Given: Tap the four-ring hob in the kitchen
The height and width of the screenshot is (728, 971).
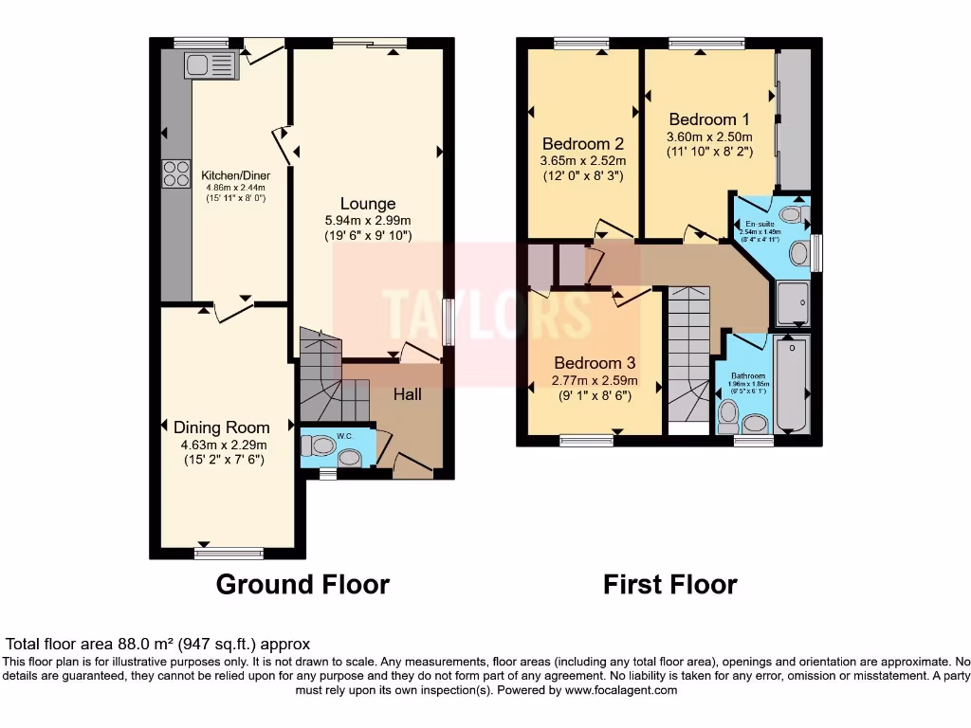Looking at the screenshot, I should pyautogui.click(x=175, y=173).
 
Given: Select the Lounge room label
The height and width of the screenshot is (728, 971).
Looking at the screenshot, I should pyautogui.click(x=369, y=204).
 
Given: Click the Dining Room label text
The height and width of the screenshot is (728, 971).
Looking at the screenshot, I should pyautogui.click(x=221, y=428).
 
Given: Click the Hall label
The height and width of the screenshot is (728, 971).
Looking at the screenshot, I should pyautogui.click(x=408, y=393).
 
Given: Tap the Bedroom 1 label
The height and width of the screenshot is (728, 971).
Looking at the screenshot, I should pyautogui.click(x=709, y=119).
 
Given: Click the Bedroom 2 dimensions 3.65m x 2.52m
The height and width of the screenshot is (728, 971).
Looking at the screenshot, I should pyautogui.click(x=582, y=161).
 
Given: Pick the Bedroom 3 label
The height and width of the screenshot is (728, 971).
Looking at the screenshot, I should pyautogui.click(x=595, y=363).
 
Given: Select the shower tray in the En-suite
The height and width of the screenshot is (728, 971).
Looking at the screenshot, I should pyautogui.click(x=792, y=303).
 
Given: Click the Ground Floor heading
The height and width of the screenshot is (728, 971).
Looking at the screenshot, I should pyautogui.click(x=302, y=584).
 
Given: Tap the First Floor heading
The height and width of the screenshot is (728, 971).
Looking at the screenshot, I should pyautogui.click(x=669, y=584).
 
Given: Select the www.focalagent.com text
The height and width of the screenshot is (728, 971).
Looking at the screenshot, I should pyautogui.click(x=620, y=691).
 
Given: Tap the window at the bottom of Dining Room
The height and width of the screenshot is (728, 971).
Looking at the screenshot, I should pyautogui.click(x=229, y=552).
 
